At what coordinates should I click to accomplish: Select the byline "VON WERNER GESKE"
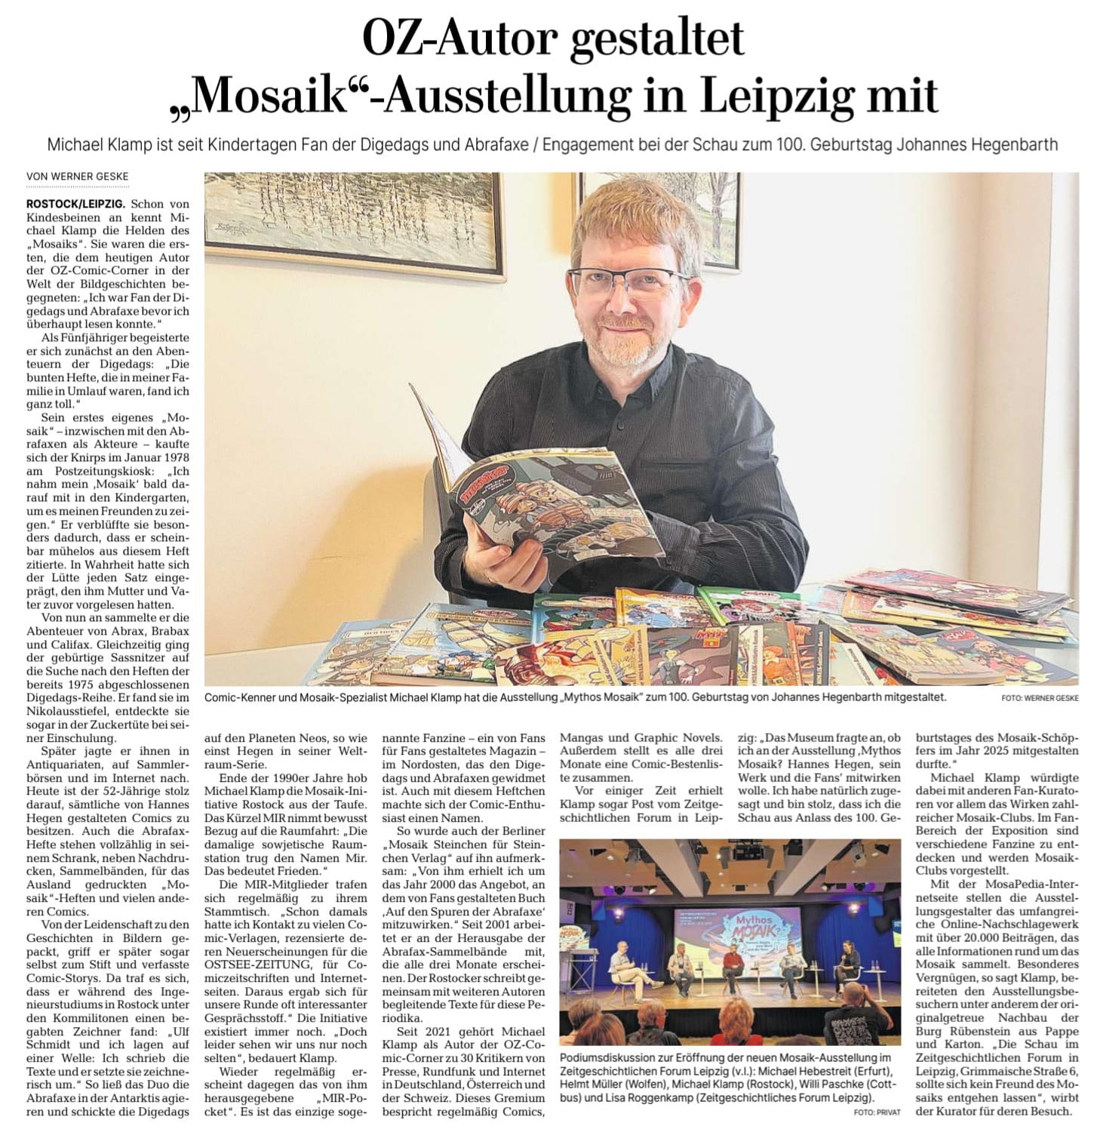(78, 177)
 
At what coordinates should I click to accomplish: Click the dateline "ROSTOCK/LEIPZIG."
(75, 205)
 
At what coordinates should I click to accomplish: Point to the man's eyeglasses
(628, 281)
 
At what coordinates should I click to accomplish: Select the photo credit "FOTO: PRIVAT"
(877, 1113)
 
